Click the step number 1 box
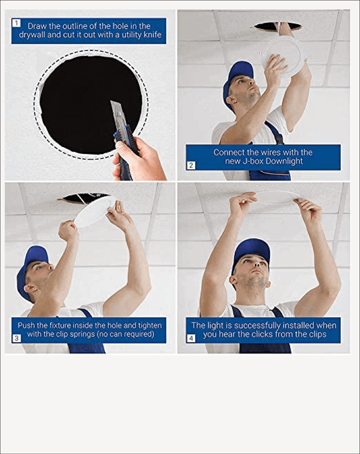[x=17, y=23]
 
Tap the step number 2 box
[x=191, y=165]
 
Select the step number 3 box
[x=17, y=338]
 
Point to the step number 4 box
[x=191, y=338]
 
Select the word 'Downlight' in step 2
[x=284, y=161]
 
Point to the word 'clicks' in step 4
[x=255, y=334]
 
